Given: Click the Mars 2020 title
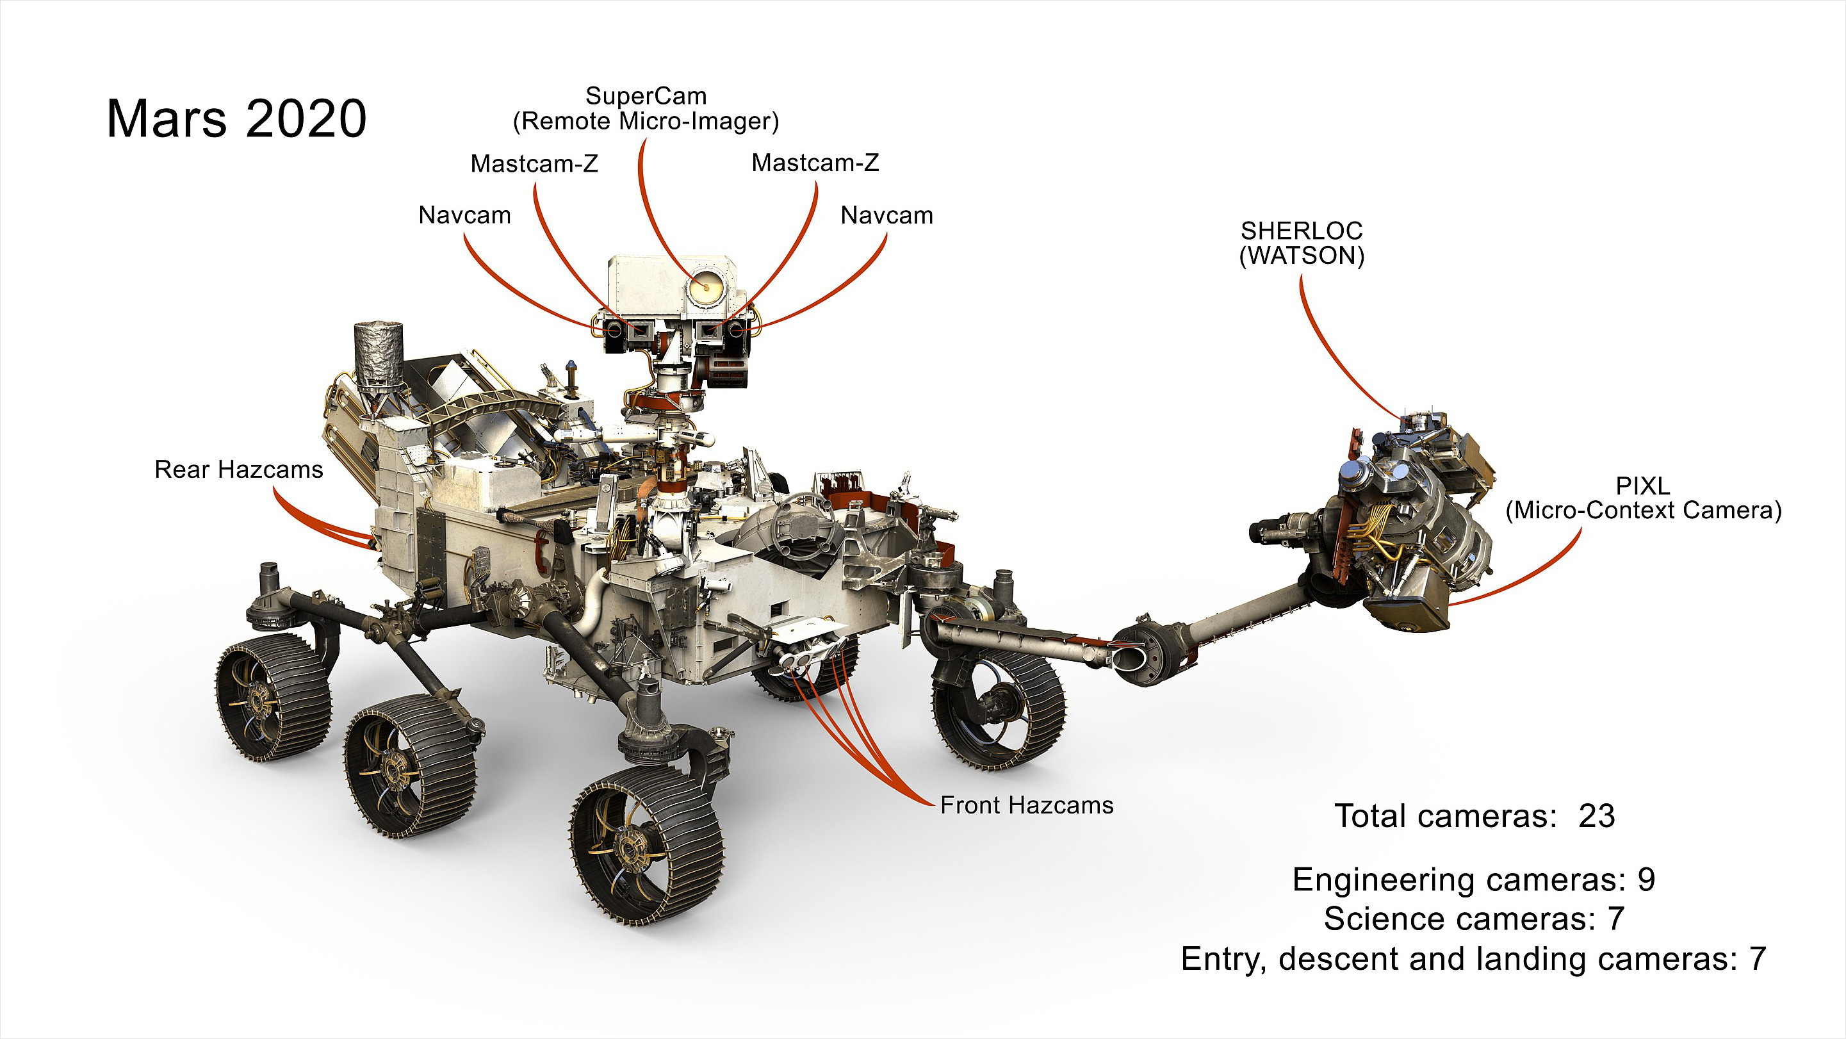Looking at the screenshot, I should tap(236, 119).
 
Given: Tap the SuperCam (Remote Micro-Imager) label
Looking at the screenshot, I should tap(646, 109).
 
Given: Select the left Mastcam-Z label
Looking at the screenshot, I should tap(534, 164).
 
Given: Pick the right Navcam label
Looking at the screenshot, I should tap(886, 216).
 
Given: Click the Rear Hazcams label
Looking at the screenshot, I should tap(239, 470).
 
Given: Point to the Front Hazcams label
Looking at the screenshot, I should tap(1026, 805).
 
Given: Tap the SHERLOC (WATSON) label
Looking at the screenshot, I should tap(1302, 243).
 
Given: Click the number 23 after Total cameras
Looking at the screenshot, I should tap(1597, 816).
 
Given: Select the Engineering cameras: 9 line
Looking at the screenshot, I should tap(1473, 880).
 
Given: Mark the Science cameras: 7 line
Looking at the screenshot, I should tap(1473, 919).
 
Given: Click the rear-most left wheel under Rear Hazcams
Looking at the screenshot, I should tap(274, 696).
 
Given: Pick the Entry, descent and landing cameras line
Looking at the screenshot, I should tap(1473, 960).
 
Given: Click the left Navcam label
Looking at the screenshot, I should tap(464, 216).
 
